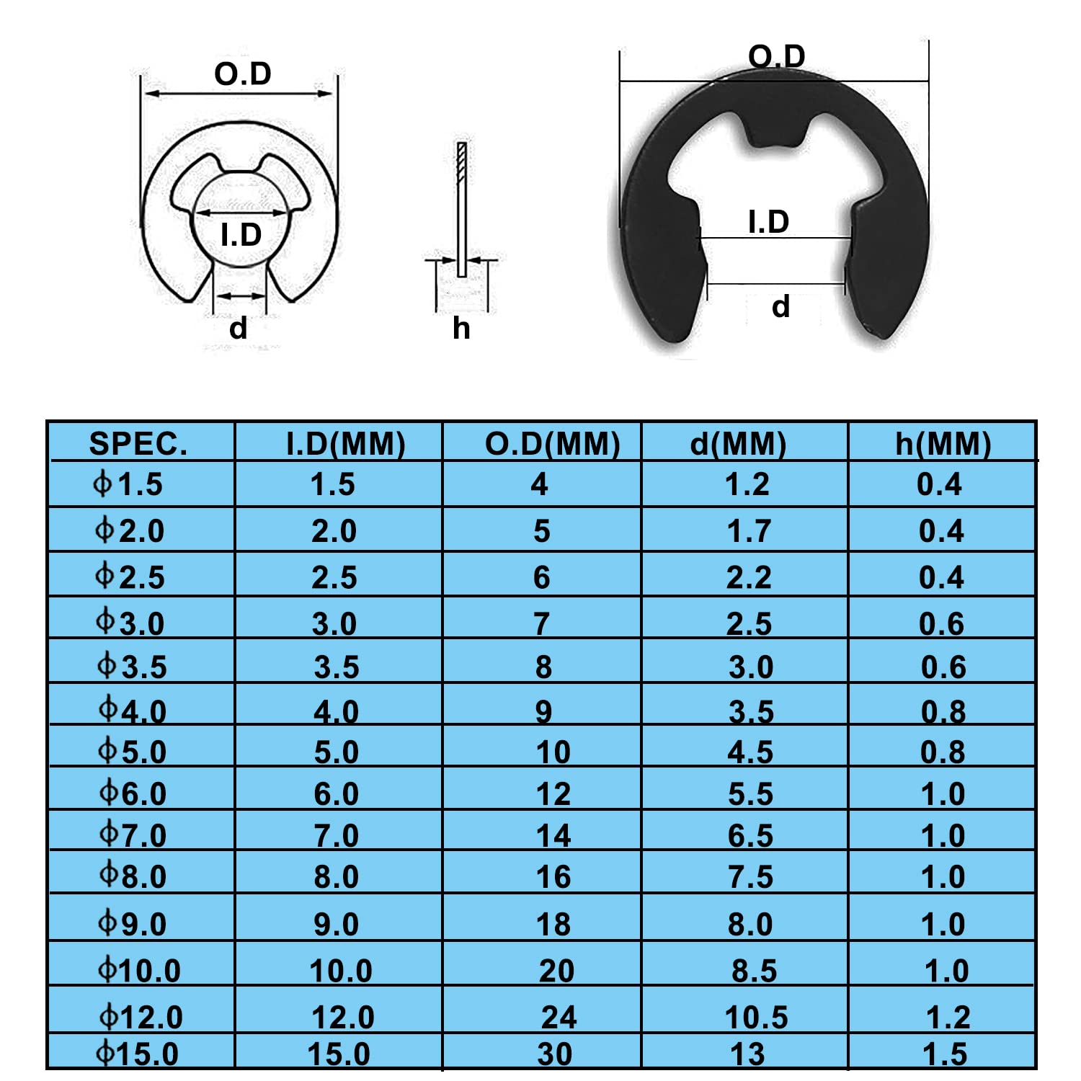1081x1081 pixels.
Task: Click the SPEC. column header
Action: (138, 444)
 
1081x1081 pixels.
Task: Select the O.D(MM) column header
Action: (552, 444)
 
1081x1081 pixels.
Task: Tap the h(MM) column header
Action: (943, 444)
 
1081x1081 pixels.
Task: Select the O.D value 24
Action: (559, 1017)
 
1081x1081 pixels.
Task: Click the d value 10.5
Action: (756, 1017)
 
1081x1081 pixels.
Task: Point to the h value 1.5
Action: (945, 1054)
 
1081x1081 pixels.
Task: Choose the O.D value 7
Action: (542, 623)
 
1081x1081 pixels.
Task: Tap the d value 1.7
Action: (749, 531)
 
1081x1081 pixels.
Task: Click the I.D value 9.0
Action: (336, 924)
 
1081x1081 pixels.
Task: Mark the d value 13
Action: (747, 1054)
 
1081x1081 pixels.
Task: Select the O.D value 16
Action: (553, 877)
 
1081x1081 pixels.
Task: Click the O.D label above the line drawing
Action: (243, 74)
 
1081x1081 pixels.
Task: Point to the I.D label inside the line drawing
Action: (241, 235)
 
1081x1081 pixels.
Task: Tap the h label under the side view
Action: (461, 329)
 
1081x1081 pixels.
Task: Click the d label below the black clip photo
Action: (780, 306)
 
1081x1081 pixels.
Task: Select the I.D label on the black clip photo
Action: (768, 222)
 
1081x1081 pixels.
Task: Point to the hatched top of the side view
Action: (462, 162)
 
